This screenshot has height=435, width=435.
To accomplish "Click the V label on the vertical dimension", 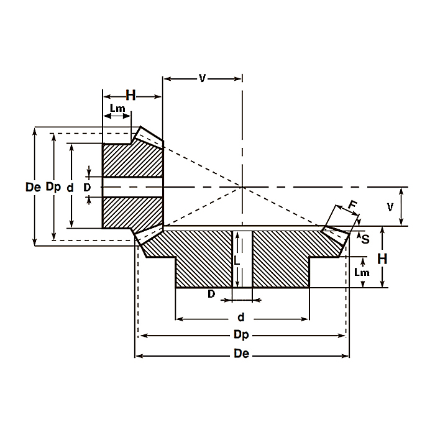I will [390, 207].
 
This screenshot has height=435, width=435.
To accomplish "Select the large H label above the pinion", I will [130, 95].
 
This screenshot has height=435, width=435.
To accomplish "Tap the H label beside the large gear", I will [383, 258].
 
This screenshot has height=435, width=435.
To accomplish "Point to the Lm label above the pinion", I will [117, 109].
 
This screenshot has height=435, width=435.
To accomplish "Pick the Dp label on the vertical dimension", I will [53, 186].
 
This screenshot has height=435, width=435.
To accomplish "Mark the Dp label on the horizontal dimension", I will [242, 335].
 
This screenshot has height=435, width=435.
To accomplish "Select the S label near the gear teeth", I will [365, 239].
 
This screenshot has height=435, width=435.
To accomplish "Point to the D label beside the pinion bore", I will [87, 186].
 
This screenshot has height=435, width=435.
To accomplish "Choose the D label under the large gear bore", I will [211, 294].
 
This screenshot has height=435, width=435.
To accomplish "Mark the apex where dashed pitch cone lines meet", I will [242, 187].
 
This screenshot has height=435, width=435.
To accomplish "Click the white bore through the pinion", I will [132, 187].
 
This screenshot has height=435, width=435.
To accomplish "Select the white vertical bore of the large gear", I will [242, 258].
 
